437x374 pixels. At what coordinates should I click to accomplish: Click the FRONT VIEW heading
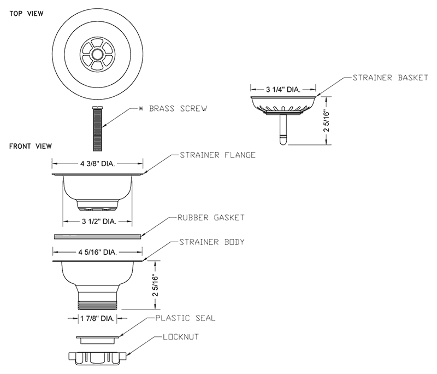pyautogui.click(x=30, y=146)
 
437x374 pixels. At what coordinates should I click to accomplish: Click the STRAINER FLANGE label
pyautogui.click(x=217, y=155)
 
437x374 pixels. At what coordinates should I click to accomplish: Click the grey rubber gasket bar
pyautogui.click(x=97, y=236)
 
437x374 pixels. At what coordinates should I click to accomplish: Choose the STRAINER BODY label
pyautogui.click(x=212, y=242)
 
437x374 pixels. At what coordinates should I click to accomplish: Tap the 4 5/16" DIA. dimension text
pyautogui.click(x=97, y=252)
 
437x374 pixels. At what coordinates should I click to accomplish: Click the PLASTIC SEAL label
pyautogui.click(x=185, y=317)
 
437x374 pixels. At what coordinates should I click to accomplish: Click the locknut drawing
pyautogui.click(x=98, y=355)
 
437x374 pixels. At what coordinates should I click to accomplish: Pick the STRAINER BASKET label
pyautogui.click(x=390, y=78)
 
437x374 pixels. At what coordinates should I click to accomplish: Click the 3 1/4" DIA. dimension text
pyautogui.click(x=283, y=89)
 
